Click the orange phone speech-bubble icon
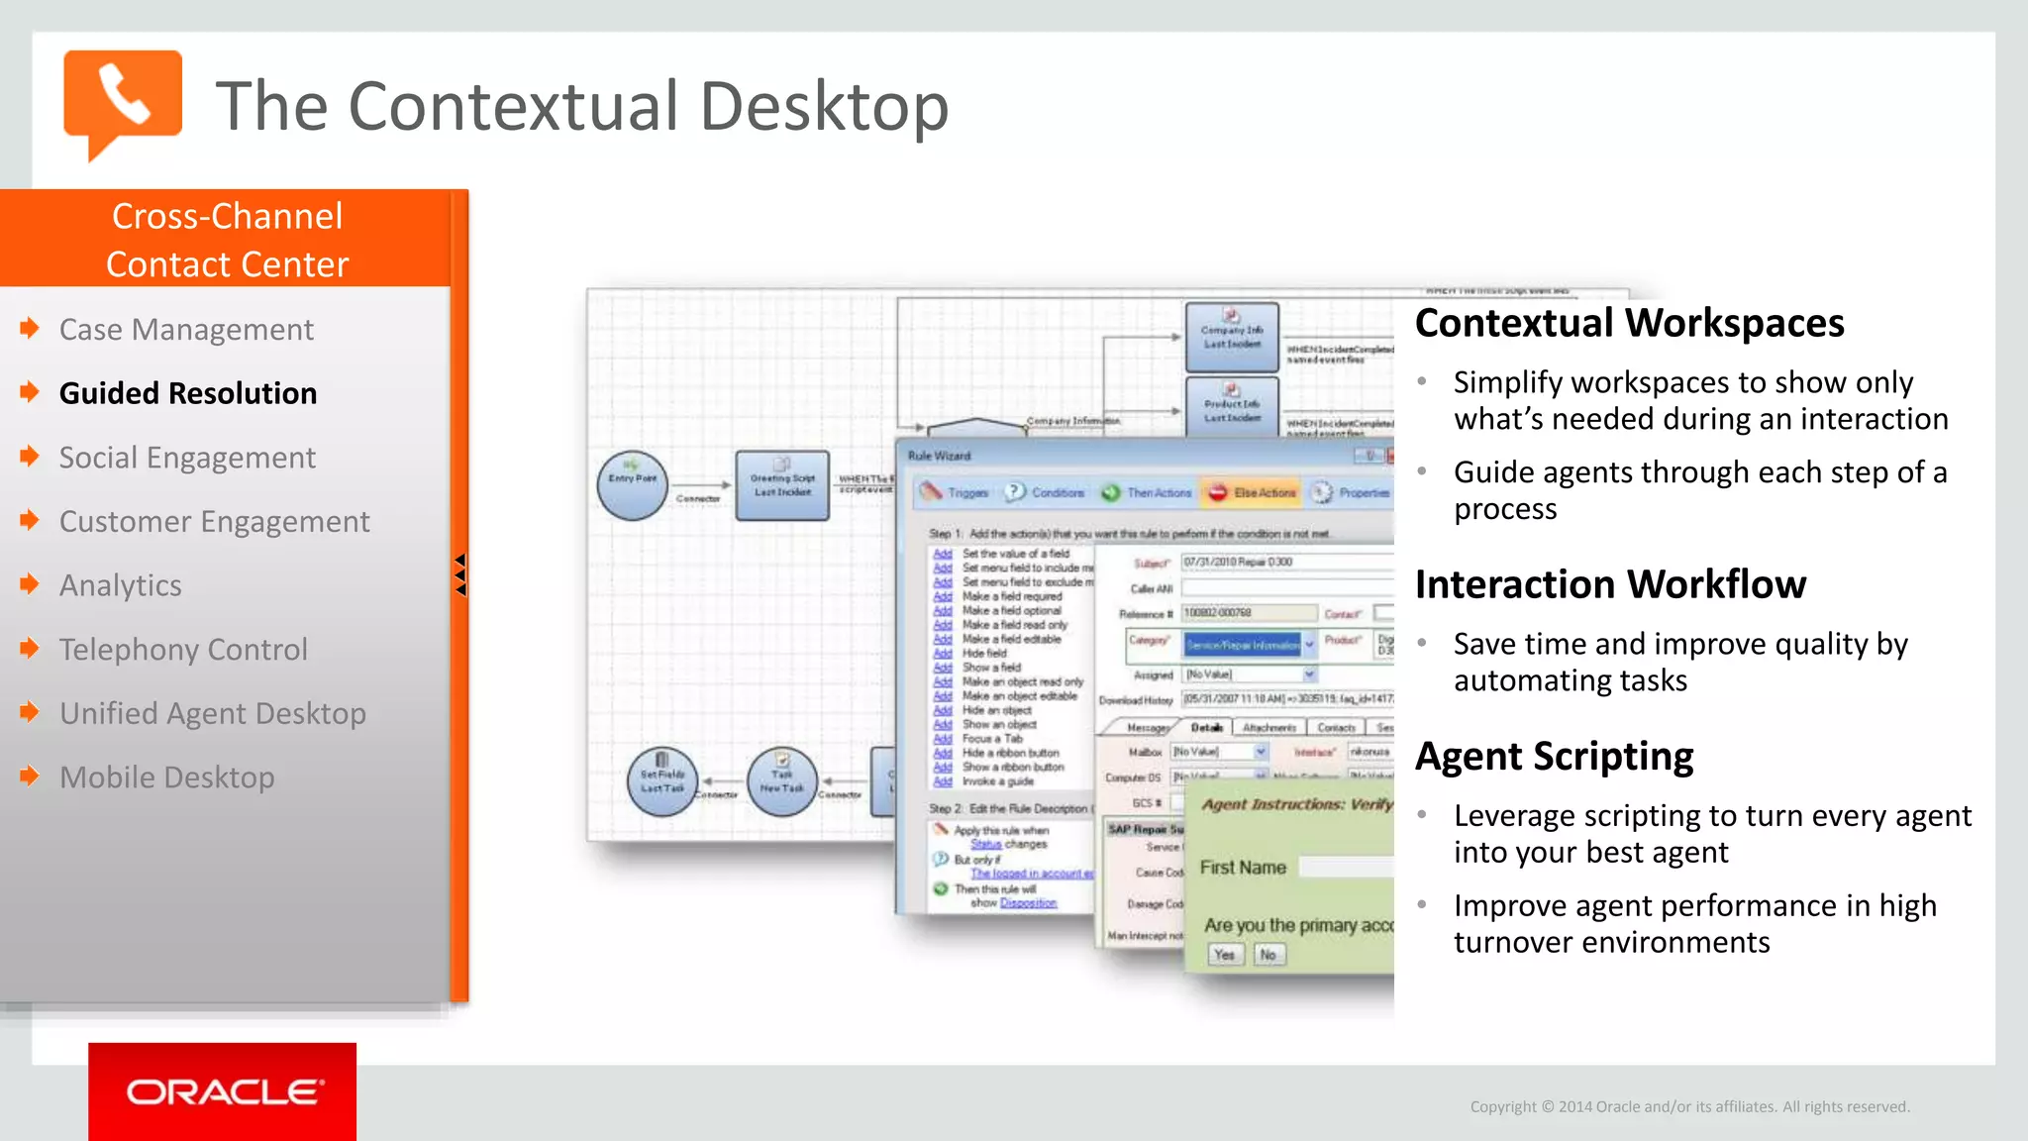122,99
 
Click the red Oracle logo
222,1091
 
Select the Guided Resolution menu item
188,393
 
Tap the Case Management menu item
186,329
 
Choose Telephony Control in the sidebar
183,650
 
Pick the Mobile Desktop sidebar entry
166,778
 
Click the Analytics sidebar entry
120,585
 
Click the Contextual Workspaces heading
1629,323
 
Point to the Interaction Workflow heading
1610,584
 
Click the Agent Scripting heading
1554,756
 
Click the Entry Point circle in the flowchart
633,484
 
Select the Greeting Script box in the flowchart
782,485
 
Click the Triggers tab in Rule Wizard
956,492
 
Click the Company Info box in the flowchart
1232,337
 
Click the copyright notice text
1689,1106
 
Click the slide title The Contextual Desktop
582,106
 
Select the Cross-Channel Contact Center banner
227,240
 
